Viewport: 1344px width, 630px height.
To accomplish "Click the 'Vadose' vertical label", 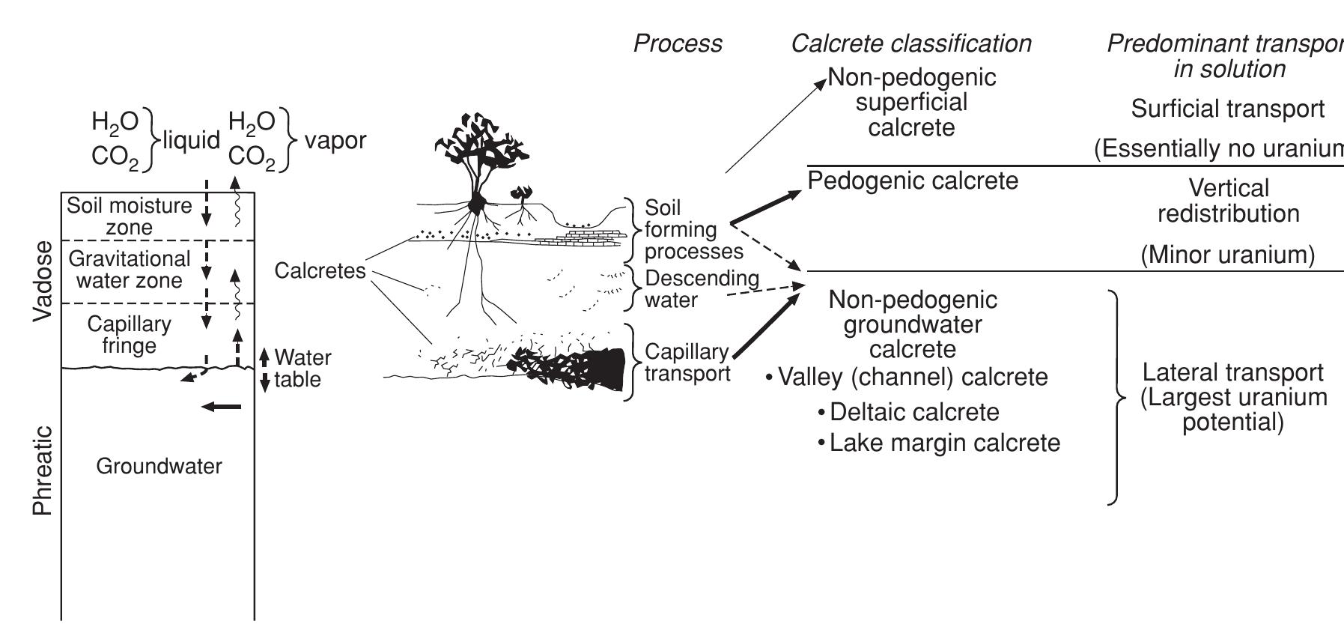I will coord(43,281).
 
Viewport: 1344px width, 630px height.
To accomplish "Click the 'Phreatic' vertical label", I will coord(43,470).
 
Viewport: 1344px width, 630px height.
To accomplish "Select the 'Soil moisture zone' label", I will coord(129,216).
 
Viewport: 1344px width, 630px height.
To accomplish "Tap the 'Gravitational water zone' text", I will coord(129,270).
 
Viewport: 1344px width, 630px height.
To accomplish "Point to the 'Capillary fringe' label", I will coord(129,334).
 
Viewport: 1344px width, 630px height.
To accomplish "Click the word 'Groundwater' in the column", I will coord(159,466).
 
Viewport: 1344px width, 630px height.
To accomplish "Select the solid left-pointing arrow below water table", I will coord(222,407).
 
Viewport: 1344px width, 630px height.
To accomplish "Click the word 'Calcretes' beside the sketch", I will coord(320,270).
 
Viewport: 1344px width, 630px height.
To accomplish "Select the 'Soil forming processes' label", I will coord(693,229).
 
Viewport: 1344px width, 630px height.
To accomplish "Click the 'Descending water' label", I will coord(701,289).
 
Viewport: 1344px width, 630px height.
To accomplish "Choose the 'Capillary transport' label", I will coord(687,363).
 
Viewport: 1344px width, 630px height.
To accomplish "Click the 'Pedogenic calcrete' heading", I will coord(913,181).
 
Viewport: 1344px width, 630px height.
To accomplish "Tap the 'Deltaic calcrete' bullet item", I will coord(914,412).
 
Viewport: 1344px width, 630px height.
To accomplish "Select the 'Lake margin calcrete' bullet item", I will coord(944,443).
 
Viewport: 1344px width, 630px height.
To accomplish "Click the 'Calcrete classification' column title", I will coord(910,43).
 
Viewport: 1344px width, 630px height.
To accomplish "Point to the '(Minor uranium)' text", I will coord(1227,255).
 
